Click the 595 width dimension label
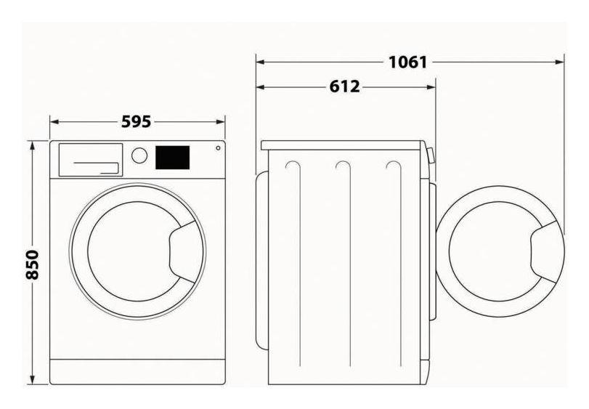pyautogui.click(x=137, y=122)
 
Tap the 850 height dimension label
pyautogui.click(x=32, y=264)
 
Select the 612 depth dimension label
pyautogui.click(x=344, y=86)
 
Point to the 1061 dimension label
pyautogui.click(x=407, y=62)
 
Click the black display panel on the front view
pyautogui.click(x=172, y=158)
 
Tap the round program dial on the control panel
pyautogui.click(x=139, y=155)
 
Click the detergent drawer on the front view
pyautogui.click(x=91, y=160)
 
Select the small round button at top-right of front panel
pyautogui.click(x=219, y=148)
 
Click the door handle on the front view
pyautogui.click(x=184, y=251)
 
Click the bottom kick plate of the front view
pyautogui.click(x=137, y=372)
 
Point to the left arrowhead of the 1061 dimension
pyautogui.click(x=260, y=62)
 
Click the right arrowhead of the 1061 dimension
pyautogui.click(x=559, y=62)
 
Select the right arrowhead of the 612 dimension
pyautogui.click(x=431, y=87)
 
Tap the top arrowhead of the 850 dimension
pyautogui.click(x=33, y=146)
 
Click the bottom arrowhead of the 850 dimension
pyautogui.click(x=33, y=380)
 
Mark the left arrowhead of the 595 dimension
pyautogui.click(x=55, y=122)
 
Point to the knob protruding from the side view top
pyautogui.click(x=431, y=155)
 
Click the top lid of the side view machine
pyautogui.click(x=344, y=145)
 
